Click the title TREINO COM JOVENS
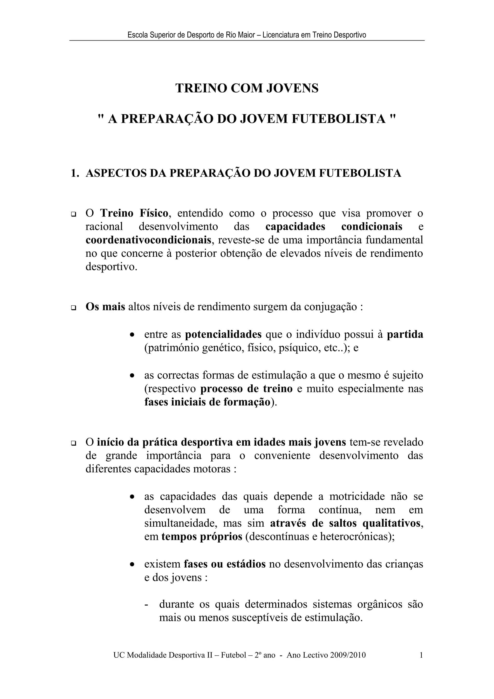[247, 88]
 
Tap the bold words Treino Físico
[134, 213]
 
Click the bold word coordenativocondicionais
[148, 240]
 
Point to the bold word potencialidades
[223, 335]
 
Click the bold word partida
[405, 335]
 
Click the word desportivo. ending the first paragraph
[111, 267]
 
